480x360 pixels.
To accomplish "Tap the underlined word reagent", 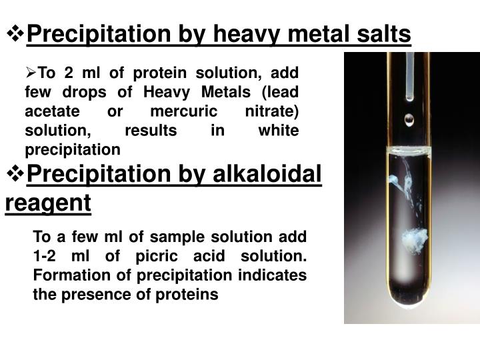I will coord(48,203).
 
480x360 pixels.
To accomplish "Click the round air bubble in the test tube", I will coord(409,119).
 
